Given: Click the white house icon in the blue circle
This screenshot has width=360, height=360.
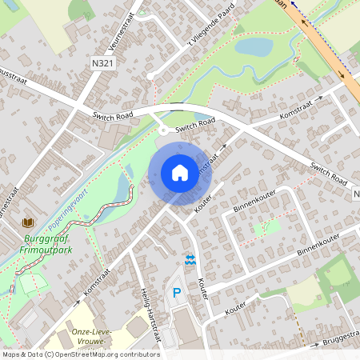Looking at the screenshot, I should click(x=179, y=171).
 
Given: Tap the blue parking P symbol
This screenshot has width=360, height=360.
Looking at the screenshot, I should click(x=177, y=294).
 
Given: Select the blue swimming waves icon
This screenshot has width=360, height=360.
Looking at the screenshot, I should click(x=190, y=260).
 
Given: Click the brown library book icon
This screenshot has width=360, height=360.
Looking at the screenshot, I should click(x=29, y=222).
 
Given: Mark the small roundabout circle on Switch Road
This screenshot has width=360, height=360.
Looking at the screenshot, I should click(x=162, y=130).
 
